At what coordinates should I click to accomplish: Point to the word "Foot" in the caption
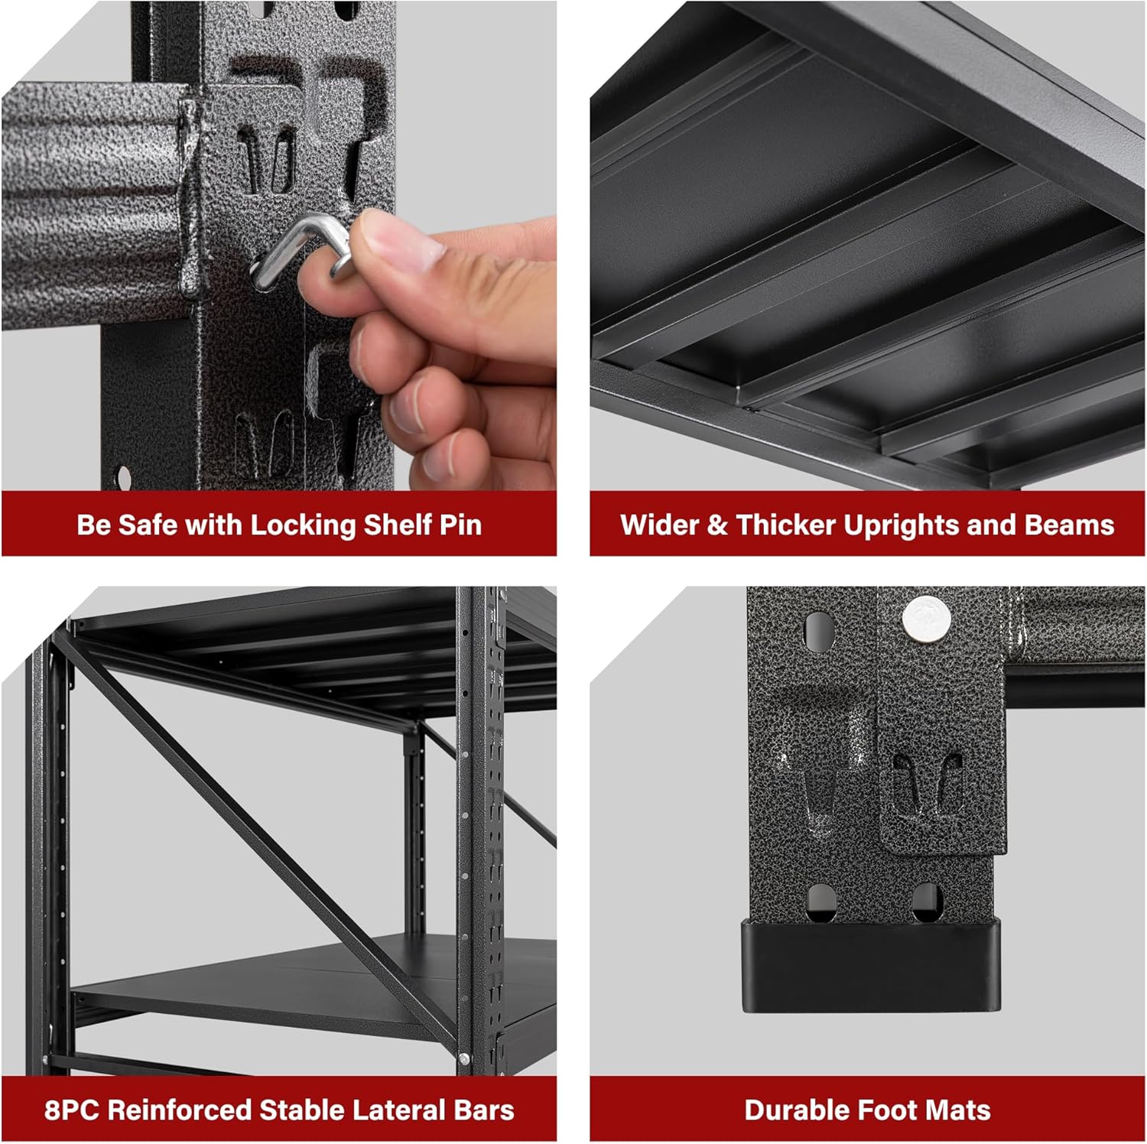(887, 1110)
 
